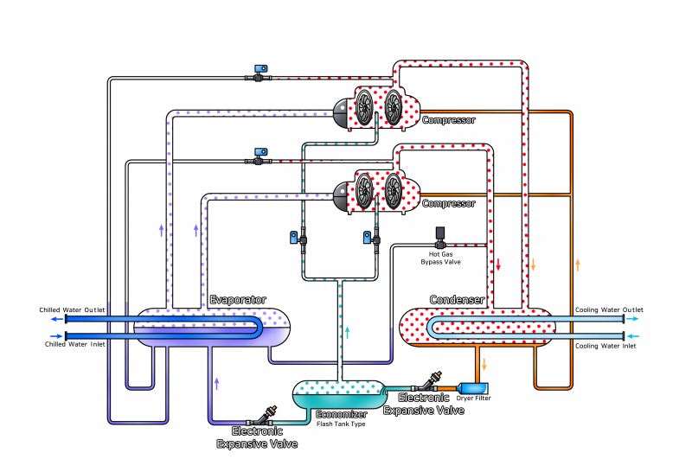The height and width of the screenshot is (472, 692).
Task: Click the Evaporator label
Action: click(238, 299)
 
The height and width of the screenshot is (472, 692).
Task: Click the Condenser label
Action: click(457, 299)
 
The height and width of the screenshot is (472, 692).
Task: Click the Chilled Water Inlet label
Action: click(74, 345)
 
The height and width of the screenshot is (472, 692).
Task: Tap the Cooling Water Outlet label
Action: click(609, 309)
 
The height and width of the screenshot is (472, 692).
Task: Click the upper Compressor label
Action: click(448, 120)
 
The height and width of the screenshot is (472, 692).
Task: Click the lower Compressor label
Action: click(448, 203)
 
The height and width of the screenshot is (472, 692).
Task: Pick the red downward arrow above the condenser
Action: click(498, 263)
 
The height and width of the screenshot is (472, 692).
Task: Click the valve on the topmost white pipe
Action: click(259, 73)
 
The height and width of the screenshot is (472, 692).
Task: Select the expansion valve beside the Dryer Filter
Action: click(434, 380)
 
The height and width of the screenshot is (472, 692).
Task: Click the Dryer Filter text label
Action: click(473, 399)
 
